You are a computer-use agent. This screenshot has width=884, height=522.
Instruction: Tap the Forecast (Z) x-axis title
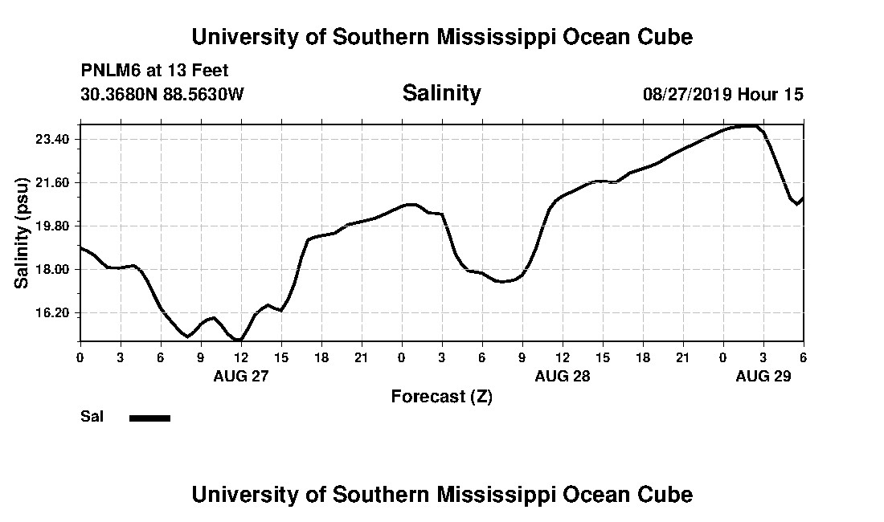click(x=441, y=396)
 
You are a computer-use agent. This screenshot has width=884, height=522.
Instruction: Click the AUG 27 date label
click(x=241, y=376)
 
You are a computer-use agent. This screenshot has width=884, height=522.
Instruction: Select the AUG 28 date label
click(x=563, y=376)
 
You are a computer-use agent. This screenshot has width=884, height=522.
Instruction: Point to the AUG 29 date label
click(x=763, y=376)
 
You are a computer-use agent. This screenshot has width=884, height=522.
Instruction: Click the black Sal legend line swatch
click(x=149, y=418)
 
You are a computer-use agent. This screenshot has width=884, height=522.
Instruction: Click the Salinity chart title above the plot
click(x=441, y=93)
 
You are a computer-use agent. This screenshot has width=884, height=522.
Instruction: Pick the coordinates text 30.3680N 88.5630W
click(x=162, y=94)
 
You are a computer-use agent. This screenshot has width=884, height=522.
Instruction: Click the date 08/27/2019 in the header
click(x=687, y=94)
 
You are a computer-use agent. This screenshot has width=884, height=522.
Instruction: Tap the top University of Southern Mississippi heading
click(x=441, y=37)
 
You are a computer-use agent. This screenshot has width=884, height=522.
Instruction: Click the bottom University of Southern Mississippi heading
click(x=441, y=494)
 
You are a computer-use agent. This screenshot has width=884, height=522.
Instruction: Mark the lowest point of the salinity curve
click(x=239, y=341)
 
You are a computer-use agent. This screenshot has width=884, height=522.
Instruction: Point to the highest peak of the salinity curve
click(x=750, y=125)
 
